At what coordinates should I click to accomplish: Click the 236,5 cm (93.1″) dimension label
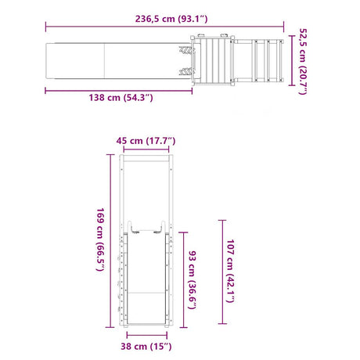tap(171, 19)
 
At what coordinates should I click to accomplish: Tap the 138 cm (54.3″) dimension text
tap(121, 98)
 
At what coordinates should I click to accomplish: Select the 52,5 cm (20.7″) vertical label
tap(303, 62)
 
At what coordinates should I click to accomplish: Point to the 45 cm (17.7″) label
tap(146, 141)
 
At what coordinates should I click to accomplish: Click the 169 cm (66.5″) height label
tap(100, 239)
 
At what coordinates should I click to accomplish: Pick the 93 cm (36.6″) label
tap(193, 280)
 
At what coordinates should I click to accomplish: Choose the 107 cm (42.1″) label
tap(230, 272)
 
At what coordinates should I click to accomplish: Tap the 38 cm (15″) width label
tap(146, 347)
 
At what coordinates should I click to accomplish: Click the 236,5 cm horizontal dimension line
tap(164, 27)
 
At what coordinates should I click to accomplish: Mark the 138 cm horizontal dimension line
tap(119, 91)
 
